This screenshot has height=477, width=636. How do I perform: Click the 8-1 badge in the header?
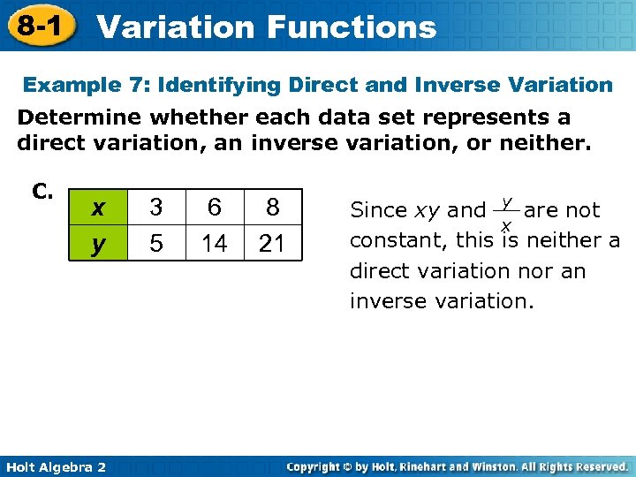point(39,26)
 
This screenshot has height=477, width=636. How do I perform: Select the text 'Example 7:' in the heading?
point(78,85)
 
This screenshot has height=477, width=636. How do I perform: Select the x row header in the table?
point(99,208)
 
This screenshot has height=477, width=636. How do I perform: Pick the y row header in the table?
point(99,243)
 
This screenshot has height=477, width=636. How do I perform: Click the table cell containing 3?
point(155,208)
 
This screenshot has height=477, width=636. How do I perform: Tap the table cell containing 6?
point(214,208)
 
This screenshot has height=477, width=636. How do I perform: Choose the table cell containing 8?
point(272,208)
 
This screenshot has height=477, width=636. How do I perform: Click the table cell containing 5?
point(155,243)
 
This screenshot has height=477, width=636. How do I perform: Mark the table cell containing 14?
point(214,243)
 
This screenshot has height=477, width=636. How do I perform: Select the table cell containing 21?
point(272,243)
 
